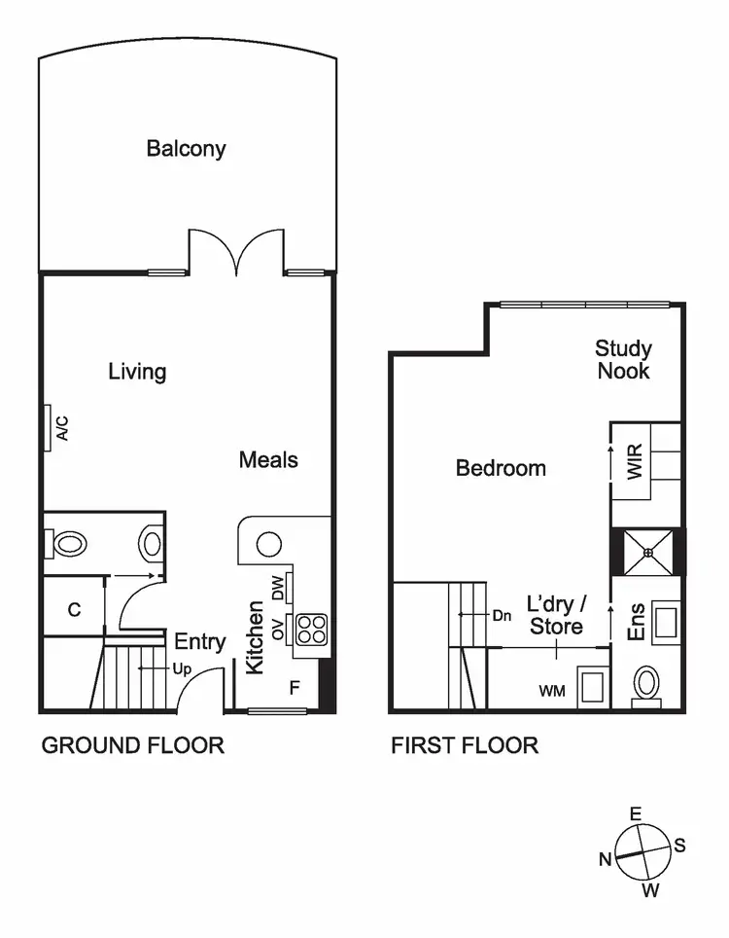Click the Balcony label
click(x=186, y=149)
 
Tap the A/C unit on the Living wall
click(x=48, y=428)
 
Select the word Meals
click(x=268, y=460)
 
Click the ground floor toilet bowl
click(x=70, y=543)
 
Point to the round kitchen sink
click(x=269, y=544)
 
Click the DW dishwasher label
click(x=278, y=588)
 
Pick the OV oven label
click(x=278, y=631)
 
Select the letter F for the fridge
click(x=294, y=688)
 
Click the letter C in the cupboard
click(x=74, y=610)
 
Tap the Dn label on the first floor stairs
click(x=502, y=615)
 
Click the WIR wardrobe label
click(x=636, y=461)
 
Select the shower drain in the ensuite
click(x=646, y=552)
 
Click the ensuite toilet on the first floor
click(x=645, y=685)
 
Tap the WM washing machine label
click(x=553, y=691)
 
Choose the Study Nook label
click(x=623, y=359)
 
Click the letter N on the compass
click(x=605, y=858)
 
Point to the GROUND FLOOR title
click(x=132, y=745)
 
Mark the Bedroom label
click(x=501, y=468)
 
